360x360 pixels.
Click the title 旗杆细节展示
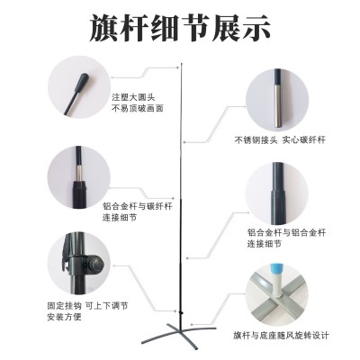tap(180, 27)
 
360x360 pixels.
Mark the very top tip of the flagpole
tap(183, 62)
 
